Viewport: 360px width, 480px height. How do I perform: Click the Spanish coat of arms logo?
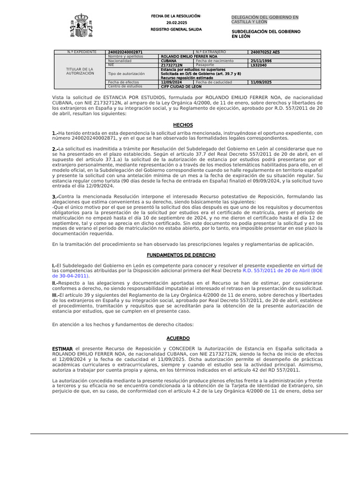pos(81,26)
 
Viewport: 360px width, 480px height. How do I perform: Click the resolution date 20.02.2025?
pos(176,23)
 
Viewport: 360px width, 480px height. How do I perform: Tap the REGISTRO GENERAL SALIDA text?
pos(176,29)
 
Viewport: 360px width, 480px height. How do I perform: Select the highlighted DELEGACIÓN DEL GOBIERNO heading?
pos(265,20)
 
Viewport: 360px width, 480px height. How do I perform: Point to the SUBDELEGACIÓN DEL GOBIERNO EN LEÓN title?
pos(266,34)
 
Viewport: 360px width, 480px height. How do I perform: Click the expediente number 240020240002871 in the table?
pos(125,52)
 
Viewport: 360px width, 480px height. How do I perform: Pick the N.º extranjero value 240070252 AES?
pos(265,52)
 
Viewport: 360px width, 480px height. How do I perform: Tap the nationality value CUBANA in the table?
pos(169,61)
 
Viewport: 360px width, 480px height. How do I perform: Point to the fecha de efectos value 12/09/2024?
pos(171,82)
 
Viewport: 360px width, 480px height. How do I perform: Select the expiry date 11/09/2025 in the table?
pos(261,82)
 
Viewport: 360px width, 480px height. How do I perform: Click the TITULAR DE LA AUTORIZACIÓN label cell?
pos(80,71)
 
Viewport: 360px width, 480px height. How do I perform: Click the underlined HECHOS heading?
pos(183,125)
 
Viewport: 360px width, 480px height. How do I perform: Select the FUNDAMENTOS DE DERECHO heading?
pos(181,255)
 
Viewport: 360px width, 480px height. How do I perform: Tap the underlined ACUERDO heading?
pos(178,338)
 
